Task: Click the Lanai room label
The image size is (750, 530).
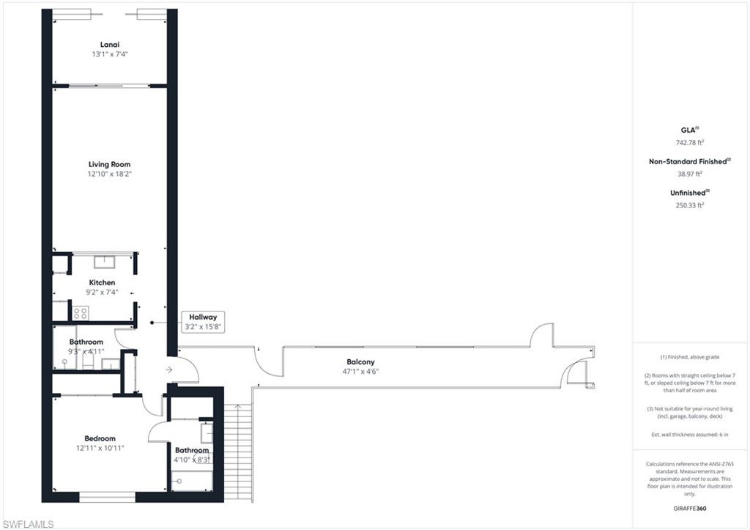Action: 110,45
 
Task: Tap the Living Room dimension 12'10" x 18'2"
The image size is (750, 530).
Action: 109,174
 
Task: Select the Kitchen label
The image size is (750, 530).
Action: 102,282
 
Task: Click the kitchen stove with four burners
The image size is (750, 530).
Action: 81,314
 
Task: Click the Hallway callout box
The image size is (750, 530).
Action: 203,322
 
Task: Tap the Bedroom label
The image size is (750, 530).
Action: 100,438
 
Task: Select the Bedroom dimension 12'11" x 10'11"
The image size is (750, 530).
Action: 100,448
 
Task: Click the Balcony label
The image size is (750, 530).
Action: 360,362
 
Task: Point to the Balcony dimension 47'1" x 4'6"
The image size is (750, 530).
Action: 360,372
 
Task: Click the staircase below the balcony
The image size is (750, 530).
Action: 238,453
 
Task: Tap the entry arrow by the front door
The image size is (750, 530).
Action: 169,369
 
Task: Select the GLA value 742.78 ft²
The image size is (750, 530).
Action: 690,142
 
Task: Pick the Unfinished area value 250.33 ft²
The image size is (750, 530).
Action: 690,205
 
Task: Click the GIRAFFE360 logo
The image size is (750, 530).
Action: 690,509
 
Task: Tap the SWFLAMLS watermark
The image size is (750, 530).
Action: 29,524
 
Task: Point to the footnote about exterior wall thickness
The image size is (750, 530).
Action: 690,435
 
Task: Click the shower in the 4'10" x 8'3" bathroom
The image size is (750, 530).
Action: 192,481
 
